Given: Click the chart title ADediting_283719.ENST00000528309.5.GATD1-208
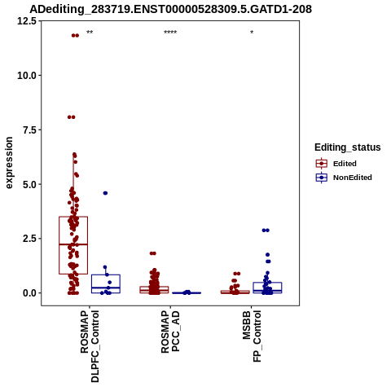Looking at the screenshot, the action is coord(170,9).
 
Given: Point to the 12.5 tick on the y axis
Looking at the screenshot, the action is coord(27,21).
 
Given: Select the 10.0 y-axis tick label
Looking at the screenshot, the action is coord(27,76).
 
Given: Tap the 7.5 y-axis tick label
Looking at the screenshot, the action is coord(29,130).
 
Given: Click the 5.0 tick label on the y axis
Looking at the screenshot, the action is coord(29,184).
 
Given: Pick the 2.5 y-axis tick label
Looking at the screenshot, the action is coord(29,239).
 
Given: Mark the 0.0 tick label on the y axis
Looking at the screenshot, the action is coord(29,293).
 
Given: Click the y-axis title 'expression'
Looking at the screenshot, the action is coord(9,163).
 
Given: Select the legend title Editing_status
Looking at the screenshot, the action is coord(348,147).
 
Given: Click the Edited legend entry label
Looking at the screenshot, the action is coord(345,164).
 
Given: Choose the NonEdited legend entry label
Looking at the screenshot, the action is coord(353,178).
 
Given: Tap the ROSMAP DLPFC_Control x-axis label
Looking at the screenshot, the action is coord(90,346).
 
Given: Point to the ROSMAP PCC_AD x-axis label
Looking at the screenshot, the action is coord(170,332).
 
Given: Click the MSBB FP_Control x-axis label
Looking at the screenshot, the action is coord(252,336).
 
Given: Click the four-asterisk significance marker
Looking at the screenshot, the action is coord(170,33).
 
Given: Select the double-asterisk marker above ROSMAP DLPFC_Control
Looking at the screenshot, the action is coord(90,33).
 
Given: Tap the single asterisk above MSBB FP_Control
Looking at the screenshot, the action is coord(252,33).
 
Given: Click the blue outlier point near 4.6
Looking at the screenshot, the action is coord(105,193).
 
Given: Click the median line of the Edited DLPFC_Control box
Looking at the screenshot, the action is coord(73,244).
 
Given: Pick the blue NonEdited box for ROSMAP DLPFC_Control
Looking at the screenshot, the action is coord(106,275).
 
